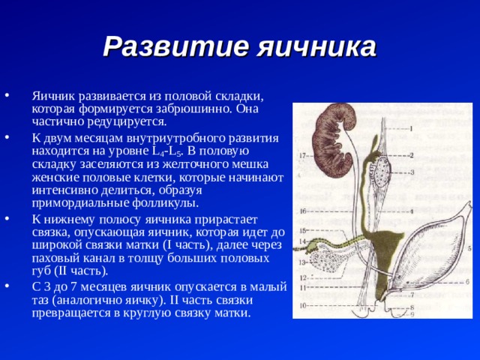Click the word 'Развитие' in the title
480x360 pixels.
click(175, 46)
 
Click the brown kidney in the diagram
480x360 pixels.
click(334, 140)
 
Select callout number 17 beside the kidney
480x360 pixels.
click(302, 156)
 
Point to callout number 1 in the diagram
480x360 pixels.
click(412, 128)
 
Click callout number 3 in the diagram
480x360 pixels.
click(412, 172)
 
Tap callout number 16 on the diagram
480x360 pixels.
click(303, 211)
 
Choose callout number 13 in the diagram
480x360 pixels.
click(302, 262)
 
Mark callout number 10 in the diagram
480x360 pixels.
click(302, 305)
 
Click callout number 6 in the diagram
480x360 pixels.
click(467, 282)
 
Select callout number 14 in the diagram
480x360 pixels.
click(302, 241)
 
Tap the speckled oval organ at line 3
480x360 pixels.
click(382, 172)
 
